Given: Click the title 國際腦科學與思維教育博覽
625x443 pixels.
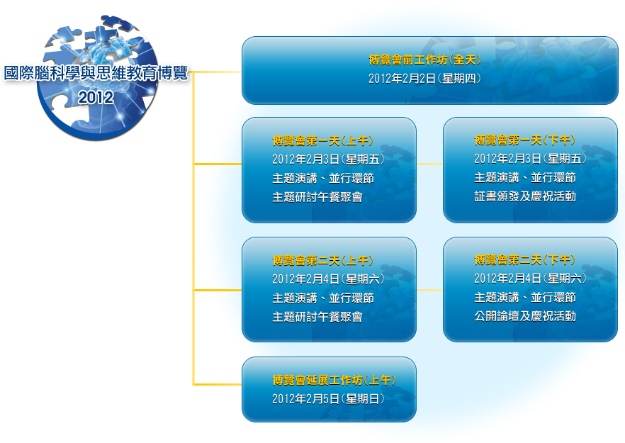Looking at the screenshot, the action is (x=96, y=74).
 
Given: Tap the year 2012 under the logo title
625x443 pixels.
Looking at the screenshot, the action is (x=96, y=97).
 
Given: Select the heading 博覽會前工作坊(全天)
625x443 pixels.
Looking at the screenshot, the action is (x=424, y=60).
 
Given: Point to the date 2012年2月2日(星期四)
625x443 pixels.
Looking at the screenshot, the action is (x=424, y=79).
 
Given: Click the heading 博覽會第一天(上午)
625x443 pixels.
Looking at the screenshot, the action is (x=323, y=140).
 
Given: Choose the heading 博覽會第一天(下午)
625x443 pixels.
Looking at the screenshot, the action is (x=524, y=140).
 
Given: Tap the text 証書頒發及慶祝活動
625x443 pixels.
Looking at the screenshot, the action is (x=525, y=196).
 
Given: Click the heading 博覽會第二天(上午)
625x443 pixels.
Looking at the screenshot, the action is (x=323, y=260).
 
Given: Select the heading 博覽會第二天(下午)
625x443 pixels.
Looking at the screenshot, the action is (x=524, y=260).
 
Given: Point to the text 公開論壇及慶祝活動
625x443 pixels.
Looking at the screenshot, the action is (x=525, y=316).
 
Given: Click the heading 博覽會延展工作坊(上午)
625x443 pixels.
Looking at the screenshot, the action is (x=334, y=380).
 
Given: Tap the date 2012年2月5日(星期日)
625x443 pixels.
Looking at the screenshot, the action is (x=329, y=399).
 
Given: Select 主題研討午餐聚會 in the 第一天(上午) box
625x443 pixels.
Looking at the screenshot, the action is (x=317, y=197).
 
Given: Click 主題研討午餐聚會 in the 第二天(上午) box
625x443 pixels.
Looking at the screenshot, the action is (x=317, y=317).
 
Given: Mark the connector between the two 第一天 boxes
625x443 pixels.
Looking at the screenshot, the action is (x=429, y=164).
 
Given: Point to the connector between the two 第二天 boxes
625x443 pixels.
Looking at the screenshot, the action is (x=429, y=291).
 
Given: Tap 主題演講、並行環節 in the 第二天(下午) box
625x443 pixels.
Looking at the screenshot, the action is (x=525, y=298).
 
